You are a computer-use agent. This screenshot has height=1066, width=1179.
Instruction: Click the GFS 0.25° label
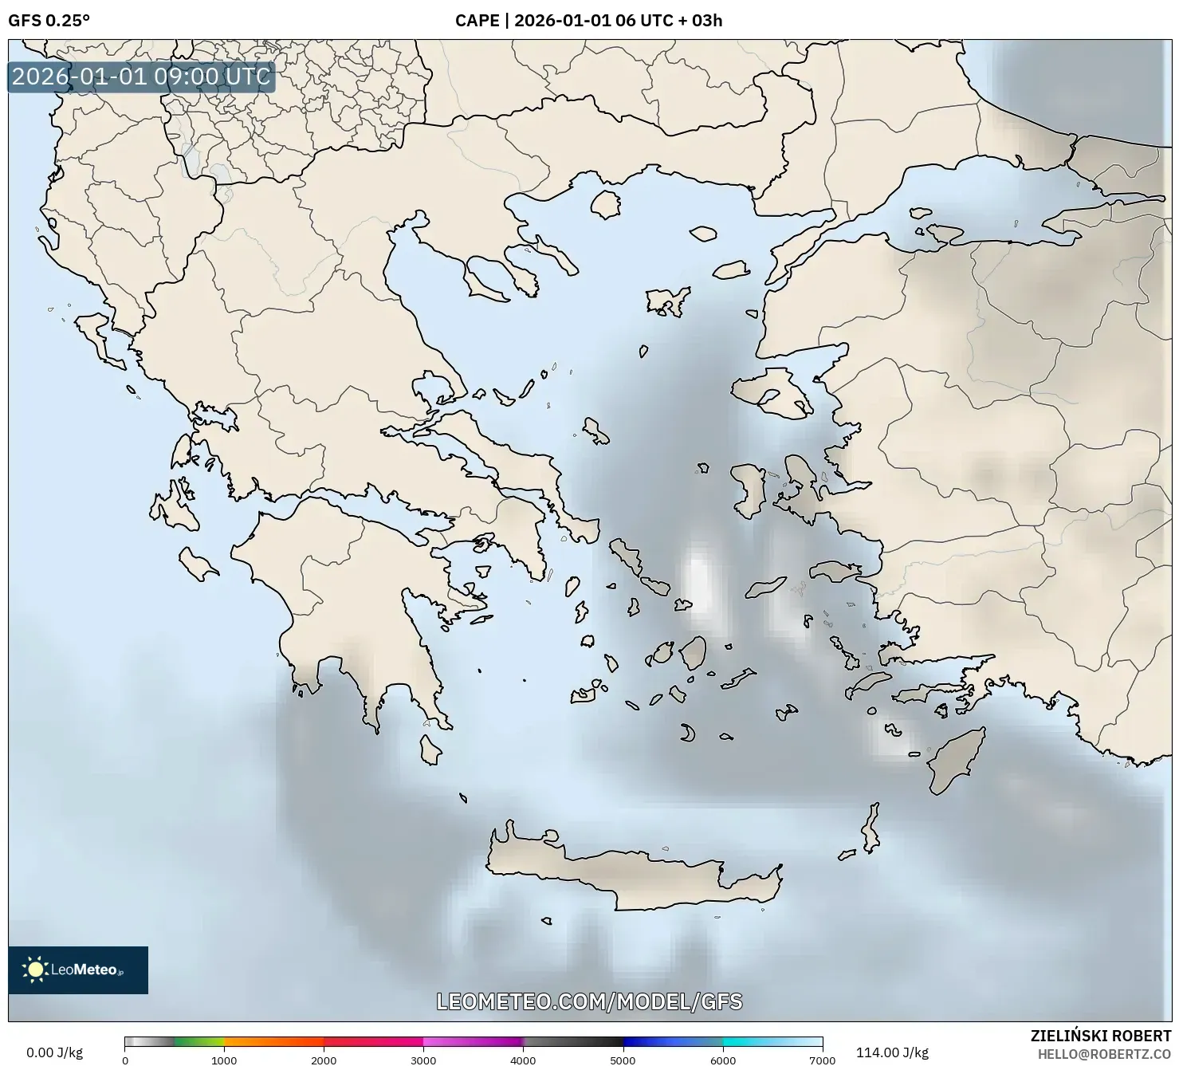tap(49, 21)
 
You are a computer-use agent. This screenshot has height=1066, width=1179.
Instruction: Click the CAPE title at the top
tap(588, 21)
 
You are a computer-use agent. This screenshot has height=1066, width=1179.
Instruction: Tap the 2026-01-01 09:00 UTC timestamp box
tap(141, 77)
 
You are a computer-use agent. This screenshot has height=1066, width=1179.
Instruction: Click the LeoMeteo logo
tap(78, 970)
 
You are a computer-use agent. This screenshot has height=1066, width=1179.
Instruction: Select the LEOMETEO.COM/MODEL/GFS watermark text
tap(589, 1001)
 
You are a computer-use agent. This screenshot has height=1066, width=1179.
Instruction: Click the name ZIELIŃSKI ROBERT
tap(1101, 1036)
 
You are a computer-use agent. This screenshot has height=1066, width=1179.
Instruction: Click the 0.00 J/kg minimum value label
tap(54, 1052)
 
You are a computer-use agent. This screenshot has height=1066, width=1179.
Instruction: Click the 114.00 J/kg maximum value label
tap(892, 1052)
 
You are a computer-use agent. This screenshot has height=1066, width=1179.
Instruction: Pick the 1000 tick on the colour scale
tap(224, 1060)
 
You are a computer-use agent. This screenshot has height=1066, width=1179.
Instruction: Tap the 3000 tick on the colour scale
tap(423, 1060)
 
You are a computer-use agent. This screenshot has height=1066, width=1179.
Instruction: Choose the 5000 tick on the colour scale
tap(623, 1060)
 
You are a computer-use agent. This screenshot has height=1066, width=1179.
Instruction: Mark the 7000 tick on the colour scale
tap(822, 1060)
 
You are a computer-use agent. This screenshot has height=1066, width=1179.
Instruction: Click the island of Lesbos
tap(769, 395)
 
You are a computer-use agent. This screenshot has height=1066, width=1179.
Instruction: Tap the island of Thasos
tap(606, 204)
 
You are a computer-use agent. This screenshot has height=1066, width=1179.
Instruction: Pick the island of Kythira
tap(430, 749)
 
